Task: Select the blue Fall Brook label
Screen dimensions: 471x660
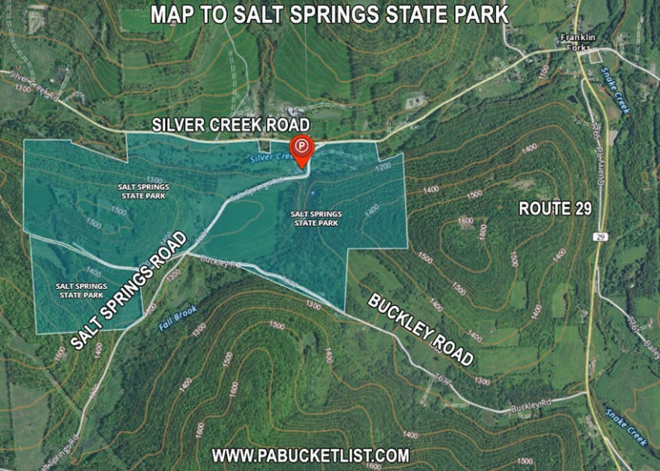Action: pyautogui.click(x=178, y=320)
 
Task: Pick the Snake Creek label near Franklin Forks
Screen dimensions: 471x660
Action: pyautogui.click(x=615, y=90)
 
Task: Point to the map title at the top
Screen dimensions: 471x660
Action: pyautogui.click(x=329, y=15)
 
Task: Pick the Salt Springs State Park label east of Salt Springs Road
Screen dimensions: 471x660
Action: pyautogui.click(x=316, y=218)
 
